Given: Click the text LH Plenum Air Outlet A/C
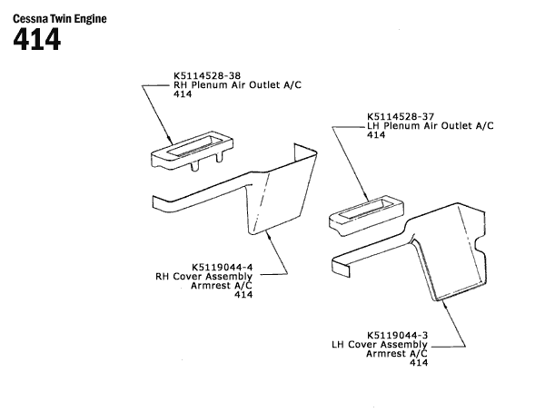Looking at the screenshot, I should tap(430, 125).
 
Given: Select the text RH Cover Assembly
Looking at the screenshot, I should tap(204, 276).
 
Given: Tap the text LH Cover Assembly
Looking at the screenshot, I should tap(379, 344).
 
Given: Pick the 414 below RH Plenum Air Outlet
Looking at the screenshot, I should tap(182, 94).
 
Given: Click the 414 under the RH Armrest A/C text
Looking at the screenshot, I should tap(243, 294).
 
